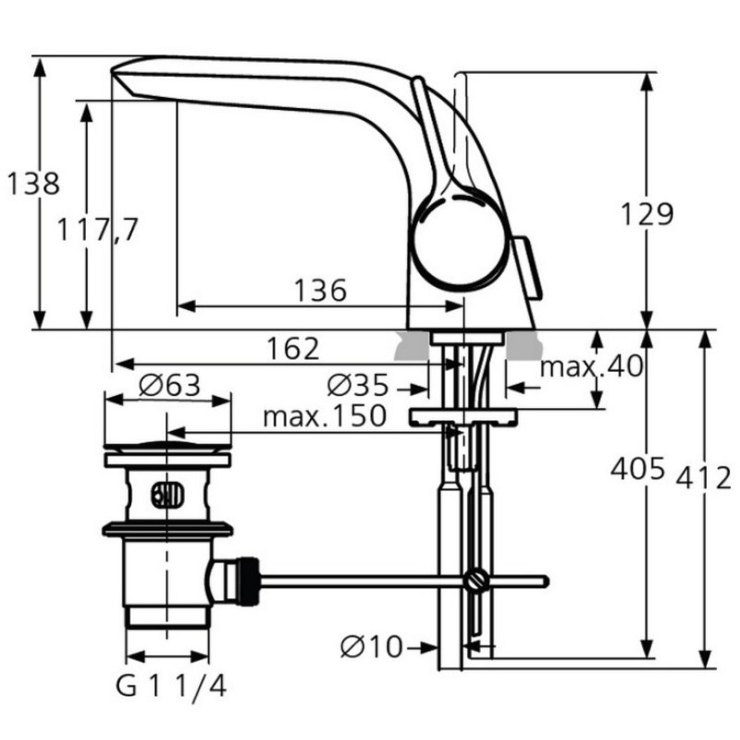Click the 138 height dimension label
(33, 183)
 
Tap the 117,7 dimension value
(98, 229)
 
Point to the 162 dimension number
(292, 349)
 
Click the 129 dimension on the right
(647, 214)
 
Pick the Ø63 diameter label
(169, 385)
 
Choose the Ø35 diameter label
(358, 386)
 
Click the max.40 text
(591, 365)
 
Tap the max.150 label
(325, 416)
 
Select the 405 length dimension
(637, 469)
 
